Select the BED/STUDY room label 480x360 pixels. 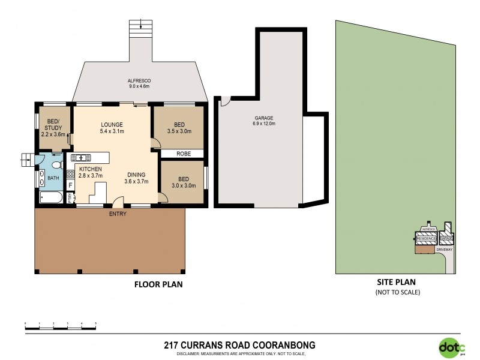coord(51,131)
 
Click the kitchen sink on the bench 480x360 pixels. coord(80,158)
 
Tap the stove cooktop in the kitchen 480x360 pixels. coord(70,175)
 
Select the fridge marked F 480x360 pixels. coord(71,185)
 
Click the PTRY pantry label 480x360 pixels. coord(70,197)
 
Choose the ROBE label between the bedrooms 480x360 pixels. coord(183,154)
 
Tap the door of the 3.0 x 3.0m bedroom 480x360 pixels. coord(162,197)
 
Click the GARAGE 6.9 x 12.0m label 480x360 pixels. coord(263,121)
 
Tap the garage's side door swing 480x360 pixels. coord(225,101)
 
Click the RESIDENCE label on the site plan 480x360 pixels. coord(426,239)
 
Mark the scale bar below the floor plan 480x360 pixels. coord(61,324)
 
